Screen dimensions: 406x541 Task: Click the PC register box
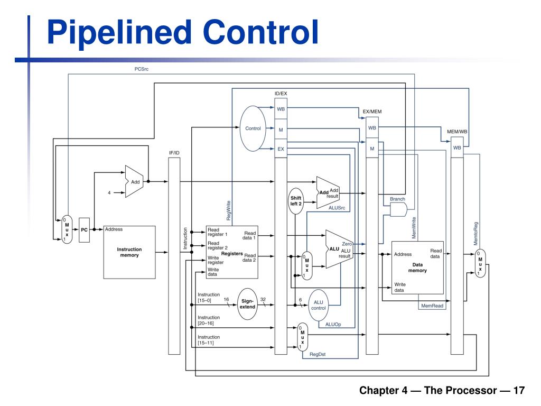(x=84, y=229)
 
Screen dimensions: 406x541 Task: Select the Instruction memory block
(x=129, y=252)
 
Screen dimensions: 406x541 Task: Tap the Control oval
(x=253, y=128)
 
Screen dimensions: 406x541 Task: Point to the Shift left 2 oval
(x=296, y=201)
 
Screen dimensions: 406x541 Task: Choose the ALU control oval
(x=319, y=306)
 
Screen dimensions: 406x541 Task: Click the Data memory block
(x=417, y=267)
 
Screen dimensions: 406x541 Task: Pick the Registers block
(x=232, y=251)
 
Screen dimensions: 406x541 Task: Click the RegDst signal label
(x=318, y=355)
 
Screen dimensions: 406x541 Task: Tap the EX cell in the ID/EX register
(x=281, y=149)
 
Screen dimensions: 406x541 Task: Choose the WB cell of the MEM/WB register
(x=457, y=148)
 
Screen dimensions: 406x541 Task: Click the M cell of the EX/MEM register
(x=372, y=149)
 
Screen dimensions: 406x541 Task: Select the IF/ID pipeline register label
(x=174, y=153)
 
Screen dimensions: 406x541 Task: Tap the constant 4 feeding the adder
(x=109, y=193)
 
